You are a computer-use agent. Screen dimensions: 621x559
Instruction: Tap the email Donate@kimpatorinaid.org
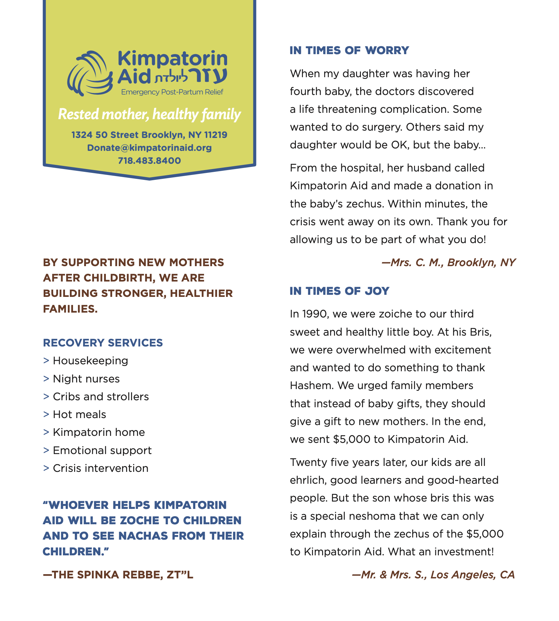point(149,148)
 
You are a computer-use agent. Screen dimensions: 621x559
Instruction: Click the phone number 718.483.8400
point(149,161)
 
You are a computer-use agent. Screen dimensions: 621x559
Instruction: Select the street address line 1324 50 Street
point(149,135)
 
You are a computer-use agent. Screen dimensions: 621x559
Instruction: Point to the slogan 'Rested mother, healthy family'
point(149,115)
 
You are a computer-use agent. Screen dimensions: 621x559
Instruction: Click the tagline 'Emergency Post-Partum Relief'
point(172,92)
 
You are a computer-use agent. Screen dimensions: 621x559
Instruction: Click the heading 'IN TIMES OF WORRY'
point(349,50)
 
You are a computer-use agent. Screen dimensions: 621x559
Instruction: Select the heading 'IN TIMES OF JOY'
point(339,291)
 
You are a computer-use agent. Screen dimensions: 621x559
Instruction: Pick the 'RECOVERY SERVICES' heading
point(103,343)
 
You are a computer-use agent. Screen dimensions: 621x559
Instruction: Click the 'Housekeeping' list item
point(90,360)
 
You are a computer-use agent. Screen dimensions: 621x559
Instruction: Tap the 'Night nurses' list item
point(86,379)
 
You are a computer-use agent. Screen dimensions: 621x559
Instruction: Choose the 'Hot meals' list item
point(79,414)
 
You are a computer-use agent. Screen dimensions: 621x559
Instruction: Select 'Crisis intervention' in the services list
point(100,468)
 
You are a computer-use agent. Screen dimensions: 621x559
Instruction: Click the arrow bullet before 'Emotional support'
point(46,450)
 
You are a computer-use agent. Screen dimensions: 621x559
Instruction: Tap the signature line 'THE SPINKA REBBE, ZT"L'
point(118,575)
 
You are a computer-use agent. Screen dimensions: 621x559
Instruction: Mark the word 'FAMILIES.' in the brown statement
point(70,309)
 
